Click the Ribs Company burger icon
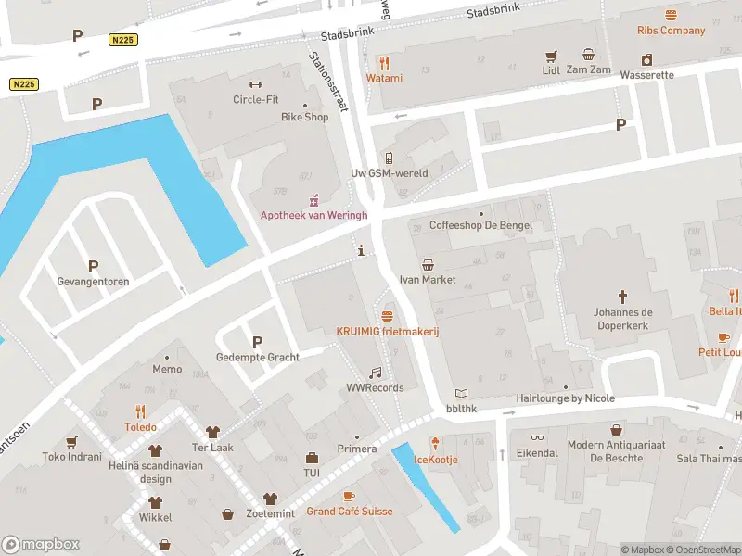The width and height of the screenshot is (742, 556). point(671,14)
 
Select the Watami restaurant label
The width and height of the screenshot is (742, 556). point(384,78)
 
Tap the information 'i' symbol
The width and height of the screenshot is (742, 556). point(361,250)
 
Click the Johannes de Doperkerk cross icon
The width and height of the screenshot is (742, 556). point(622,297)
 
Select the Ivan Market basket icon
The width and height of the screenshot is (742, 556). point(428,264)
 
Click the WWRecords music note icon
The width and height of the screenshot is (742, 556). point(375,373)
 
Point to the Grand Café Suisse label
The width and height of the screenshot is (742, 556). point(349,511)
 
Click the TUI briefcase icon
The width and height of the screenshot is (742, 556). point(312,457)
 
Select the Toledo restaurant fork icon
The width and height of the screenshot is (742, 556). point(141,411)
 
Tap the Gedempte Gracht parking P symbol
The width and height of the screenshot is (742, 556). point(257,342)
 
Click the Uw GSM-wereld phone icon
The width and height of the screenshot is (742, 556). point(389,158)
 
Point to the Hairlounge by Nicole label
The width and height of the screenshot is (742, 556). point(565,398)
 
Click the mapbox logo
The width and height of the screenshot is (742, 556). point(41,545)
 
